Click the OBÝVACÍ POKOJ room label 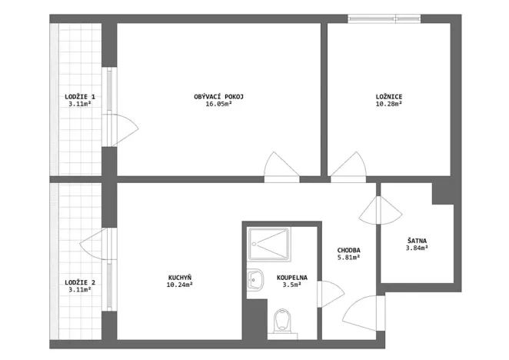tap(219, 96)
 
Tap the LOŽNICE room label tap(389, 96)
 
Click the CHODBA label tap(348, 250)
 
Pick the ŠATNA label tap(418, 240)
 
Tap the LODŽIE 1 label tap(80, 96)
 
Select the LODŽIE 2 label tap(80, 282)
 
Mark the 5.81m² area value tap(348, 258)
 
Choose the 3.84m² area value tap(418, 248)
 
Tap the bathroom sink tap(255, 281)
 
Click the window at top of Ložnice tap(377, 19)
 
